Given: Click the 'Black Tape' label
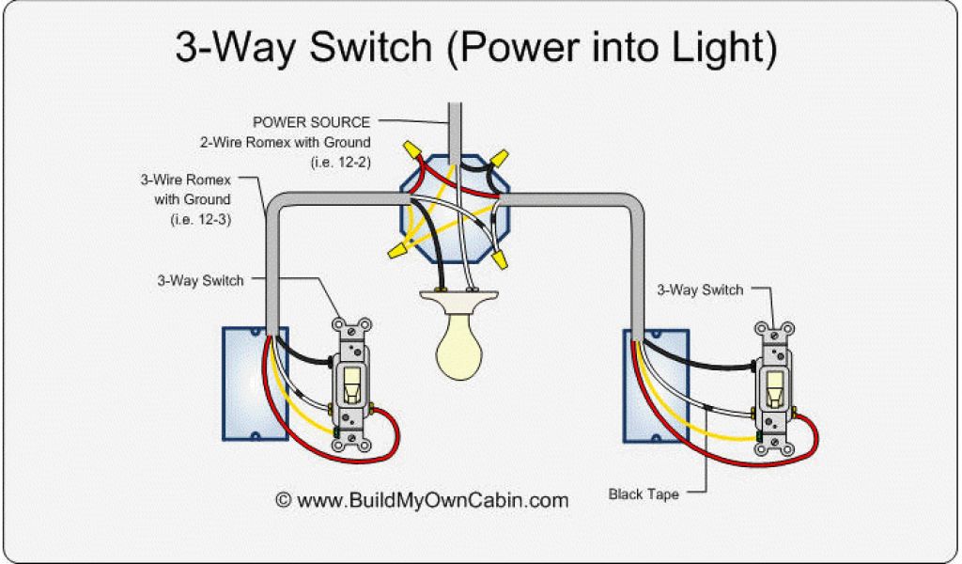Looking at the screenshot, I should tap(644, 493).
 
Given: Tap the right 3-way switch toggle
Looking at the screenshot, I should tap(775, 387).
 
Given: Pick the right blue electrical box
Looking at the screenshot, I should tap(650, 385).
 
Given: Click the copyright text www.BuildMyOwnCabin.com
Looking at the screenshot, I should tap(422, 500).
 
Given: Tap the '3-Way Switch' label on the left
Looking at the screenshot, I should tap(201, 280).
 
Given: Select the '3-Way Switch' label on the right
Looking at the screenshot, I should tap(700, 290).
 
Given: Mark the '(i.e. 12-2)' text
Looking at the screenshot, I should tap(340, 162).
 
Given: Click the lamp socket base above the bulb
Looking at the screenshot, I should tap(458, 302).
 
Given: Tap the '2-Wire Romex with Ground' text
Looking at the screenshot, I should tap(285, 142).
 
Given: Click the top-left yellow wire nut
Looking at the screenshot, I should tap(411, 149).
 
